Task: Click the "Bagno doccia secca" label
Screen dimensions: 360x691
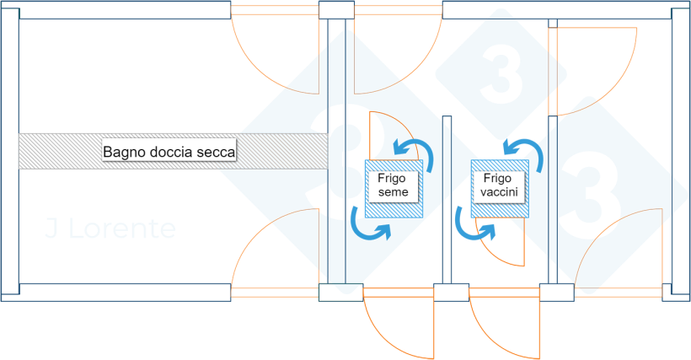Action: [x=169, y=152]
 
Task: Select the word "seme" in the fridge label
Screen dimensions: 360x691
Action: [x=393, y=192]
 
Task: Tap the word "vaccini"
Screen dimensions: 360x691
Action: [x=499, y=192]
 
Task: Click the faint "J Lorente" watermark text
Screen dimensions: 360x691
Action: [x=110, y=228]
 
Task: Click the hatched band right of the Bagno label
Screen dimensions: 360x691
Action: [x=282, y=151]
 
